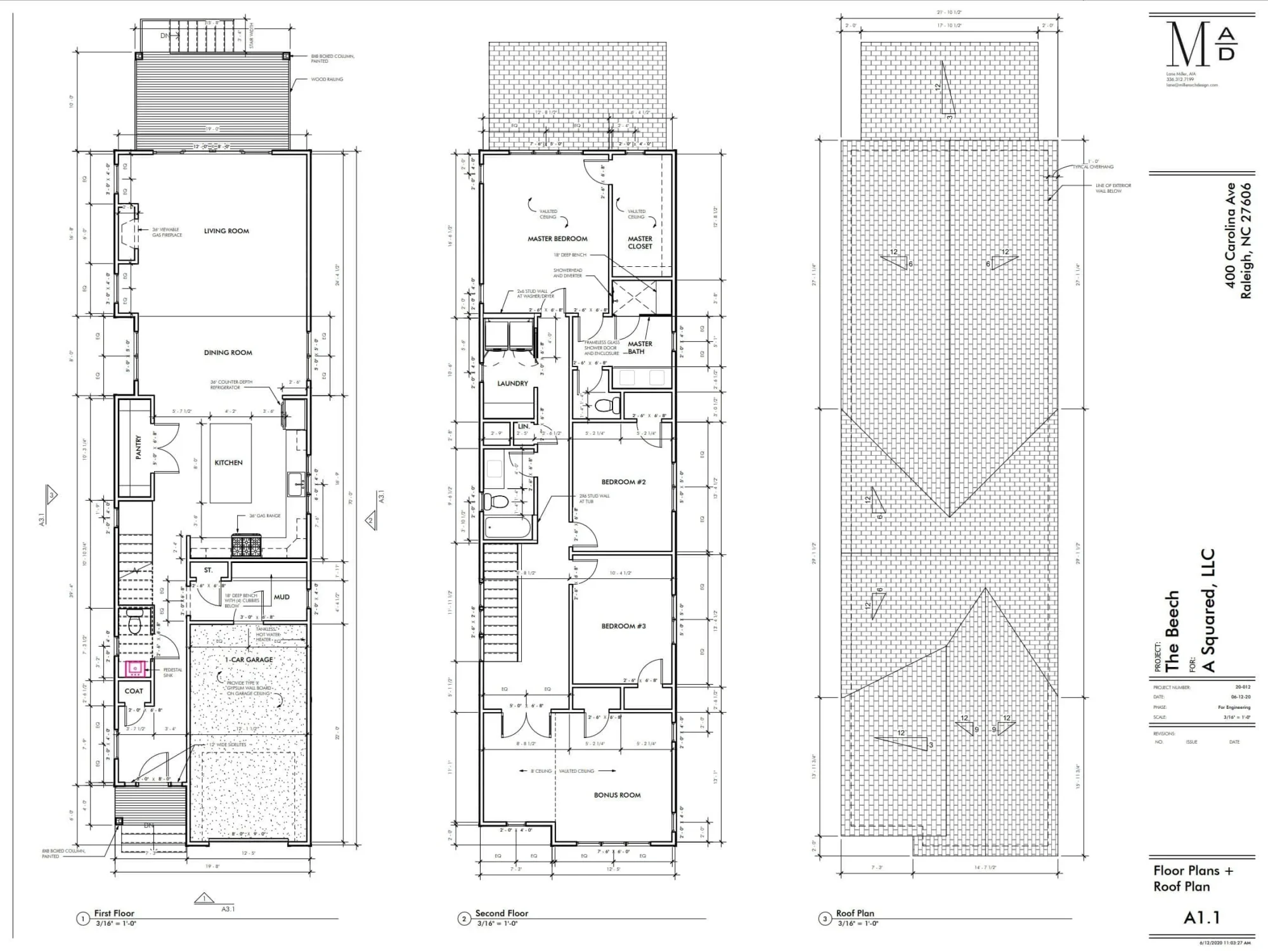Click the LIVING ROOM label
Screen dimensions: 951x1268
[226, 231]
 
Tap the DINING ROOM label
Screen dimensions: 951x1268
[228, 353]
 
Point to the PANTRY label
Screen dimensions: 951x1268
[139, 447]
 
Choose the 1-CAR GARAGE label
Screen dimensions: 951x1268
[249, 659]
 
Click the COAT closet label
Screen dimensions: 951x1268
[134, 691]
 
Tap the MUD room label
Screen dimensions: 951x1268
[281, 597]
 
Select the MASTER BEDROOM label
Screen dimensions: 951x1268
[557, 238]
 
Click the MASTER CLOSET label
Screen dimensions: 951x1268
[640, 243]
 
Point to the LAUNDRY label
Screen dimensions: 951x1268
[512, 383]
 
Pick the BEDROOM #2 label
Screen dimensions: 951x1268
[623, 482]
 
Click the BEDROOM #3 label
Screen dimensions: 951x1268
[623, 626]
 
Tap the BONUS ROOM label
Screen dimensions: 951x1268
[617, 795]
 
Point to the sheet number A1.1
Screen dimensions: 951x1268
[1201, 917]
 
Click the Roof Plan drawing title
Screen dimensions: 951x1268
[855, 913]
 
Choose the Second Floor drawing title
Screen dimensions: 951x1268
[501, 913]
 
